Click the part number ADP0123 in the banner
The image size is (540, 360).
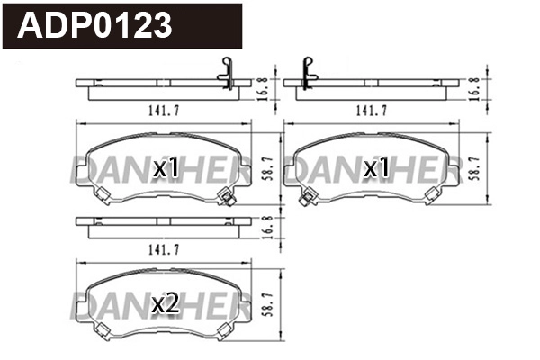point(94,25)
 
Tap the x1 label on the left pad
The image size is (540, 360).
point(167,167)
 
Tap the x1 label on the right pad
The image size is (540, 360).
point(377,167)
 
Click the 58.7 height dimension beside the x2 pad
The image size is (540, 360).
point(265,305)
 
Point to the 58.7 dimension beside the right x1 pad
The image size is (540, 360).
point(475,167)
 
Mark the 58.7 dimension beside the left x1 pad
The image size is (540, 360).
point(265,167)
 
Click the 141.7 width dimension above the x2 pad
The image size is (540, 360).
point(158,247)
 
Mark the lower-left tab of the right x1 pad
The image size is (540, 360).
point(309,198)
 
